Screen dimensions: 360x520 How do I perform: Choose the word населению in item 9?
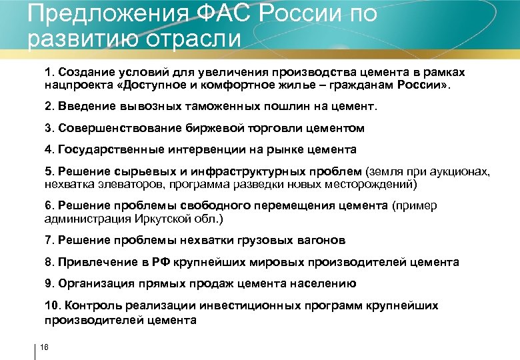(323, 283)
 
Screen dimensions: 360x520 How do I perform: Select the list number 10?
(51, 305)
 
